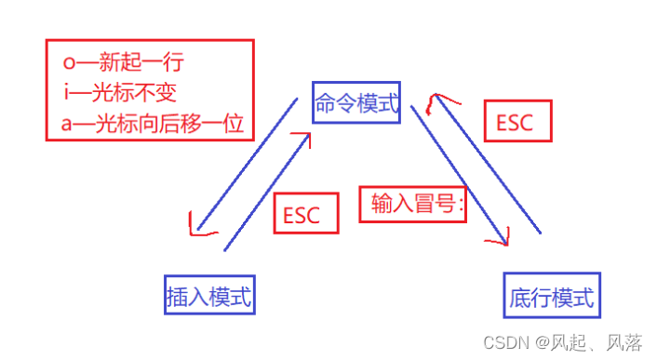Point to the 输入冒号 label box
pyautogui.click(x=412, y=204)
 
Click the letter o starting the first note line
pyautogui.click(x=69, y=65)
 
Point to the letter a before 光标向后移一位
pyautogui.click(x=68, y=123)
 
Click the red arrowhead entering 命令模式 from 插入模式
pyautogui.click(x=302, y=140)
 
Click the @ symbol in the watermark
pyautogui.click(x=543, y=343)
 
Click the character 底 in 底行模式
pyautogui.click(x=520, y=297)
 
